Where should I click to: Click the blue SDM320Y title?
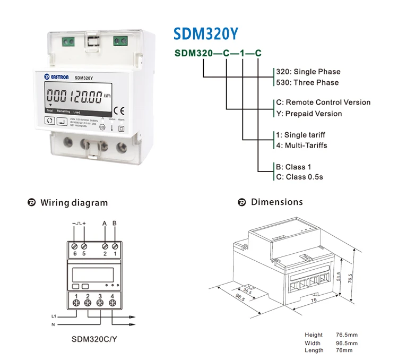point(206,33)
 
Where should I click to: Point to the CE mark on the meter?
point(120,112)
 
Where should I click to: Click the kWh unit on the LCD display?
point(108,96)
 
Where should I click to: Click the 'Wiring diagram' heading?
point(74,203)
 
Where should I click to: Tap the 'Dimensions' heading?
point(276,202)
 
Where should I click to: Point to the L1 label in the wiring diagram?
point(54,316)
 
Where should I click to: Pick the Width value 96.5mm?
point(347,342)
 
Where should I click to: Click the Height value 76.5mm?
point(347,335)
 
